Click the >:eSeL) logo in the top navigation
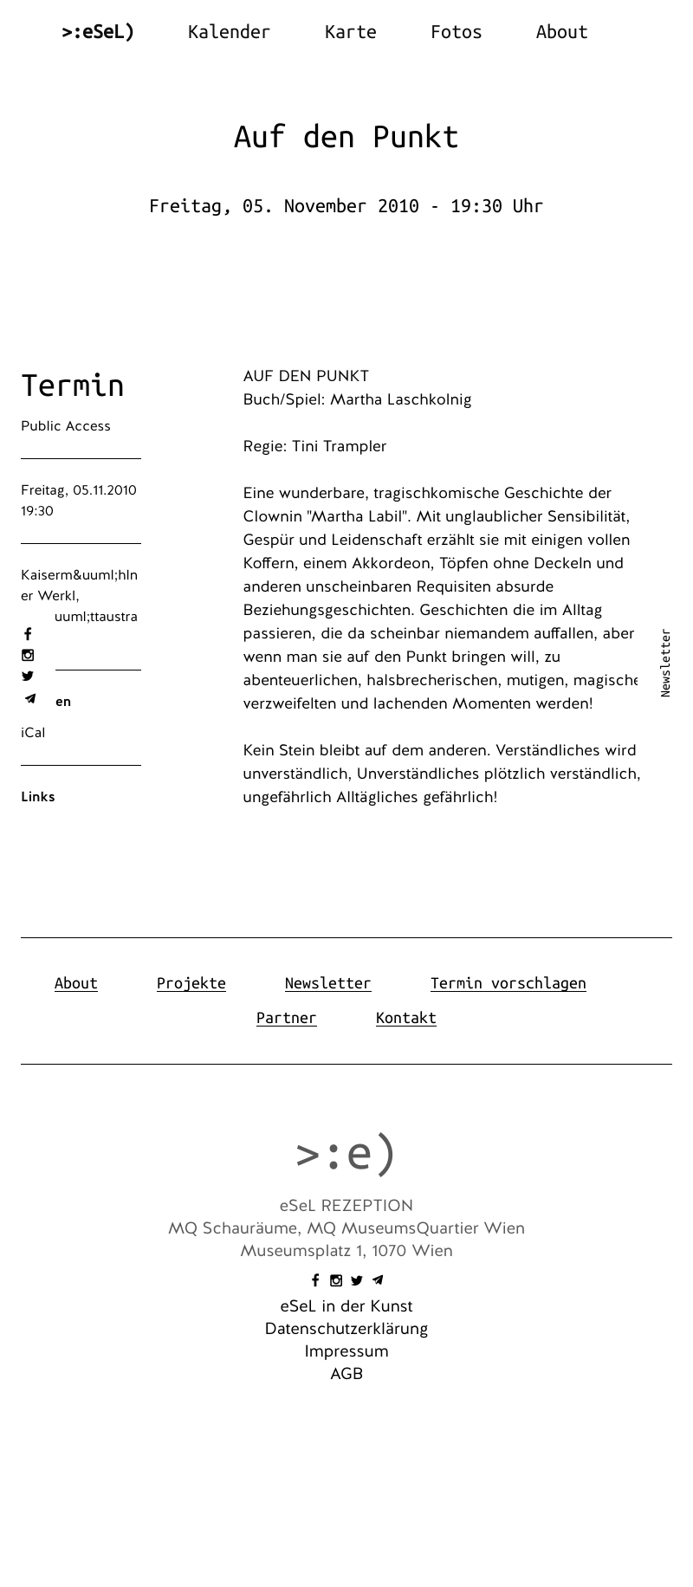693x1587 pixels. pyautogui.click(x=98, y=32)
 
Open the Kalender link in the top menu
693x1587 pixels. pyautogui.click(x=229, y=32)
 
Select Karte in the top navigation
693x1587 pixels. pyautogui.click(x=350, y=32)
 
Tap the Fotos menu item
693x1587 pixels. pyautogui.click(x=456, y=32)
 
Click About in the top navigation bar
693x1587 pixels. pyautogui.click(x=561, y=32)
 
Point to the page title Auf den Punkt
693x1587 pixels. pyautogui.click(x=346, y=137)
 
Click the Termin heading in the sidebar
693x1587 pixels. pyautogui.click(x=73, y=385)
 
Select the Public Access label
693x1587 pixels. pyautogui.click(x=66, y=426)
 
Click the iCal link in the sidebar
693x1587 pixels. pyautogui.click(x=33, y=733)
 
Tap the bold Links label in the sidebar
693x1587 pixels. pyautogui.click(x=38, y=797)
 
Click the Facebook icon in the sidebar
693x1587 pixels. pyautogui.click(x=28, y=634)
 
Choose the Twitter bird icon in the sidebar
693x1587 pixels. pyautogui.click(x=28, y=677)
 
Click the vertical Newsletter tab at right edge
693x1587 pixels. pyautogui.click(x=665, y=663)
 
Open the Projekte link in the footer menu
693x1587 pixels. pyautogui.click(x=191, y=983)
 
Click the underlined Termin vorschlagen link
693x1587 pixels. pyautogui.click(x=508, y=983)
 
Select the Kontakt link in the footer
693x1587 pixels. pyautogui.click(x=406, y=1018)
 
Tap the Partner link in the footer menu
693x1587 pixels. pyautogui.click(x=287, y=1018)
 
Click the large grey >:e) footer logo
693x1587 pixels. pyautogui.click(x=346, y=1154)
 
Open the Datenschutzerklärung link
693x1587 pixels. pyautogui.click(x=346, y=1329)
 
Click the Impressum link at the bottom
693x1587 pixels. pyautogui.click(x=346, y=1351)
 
